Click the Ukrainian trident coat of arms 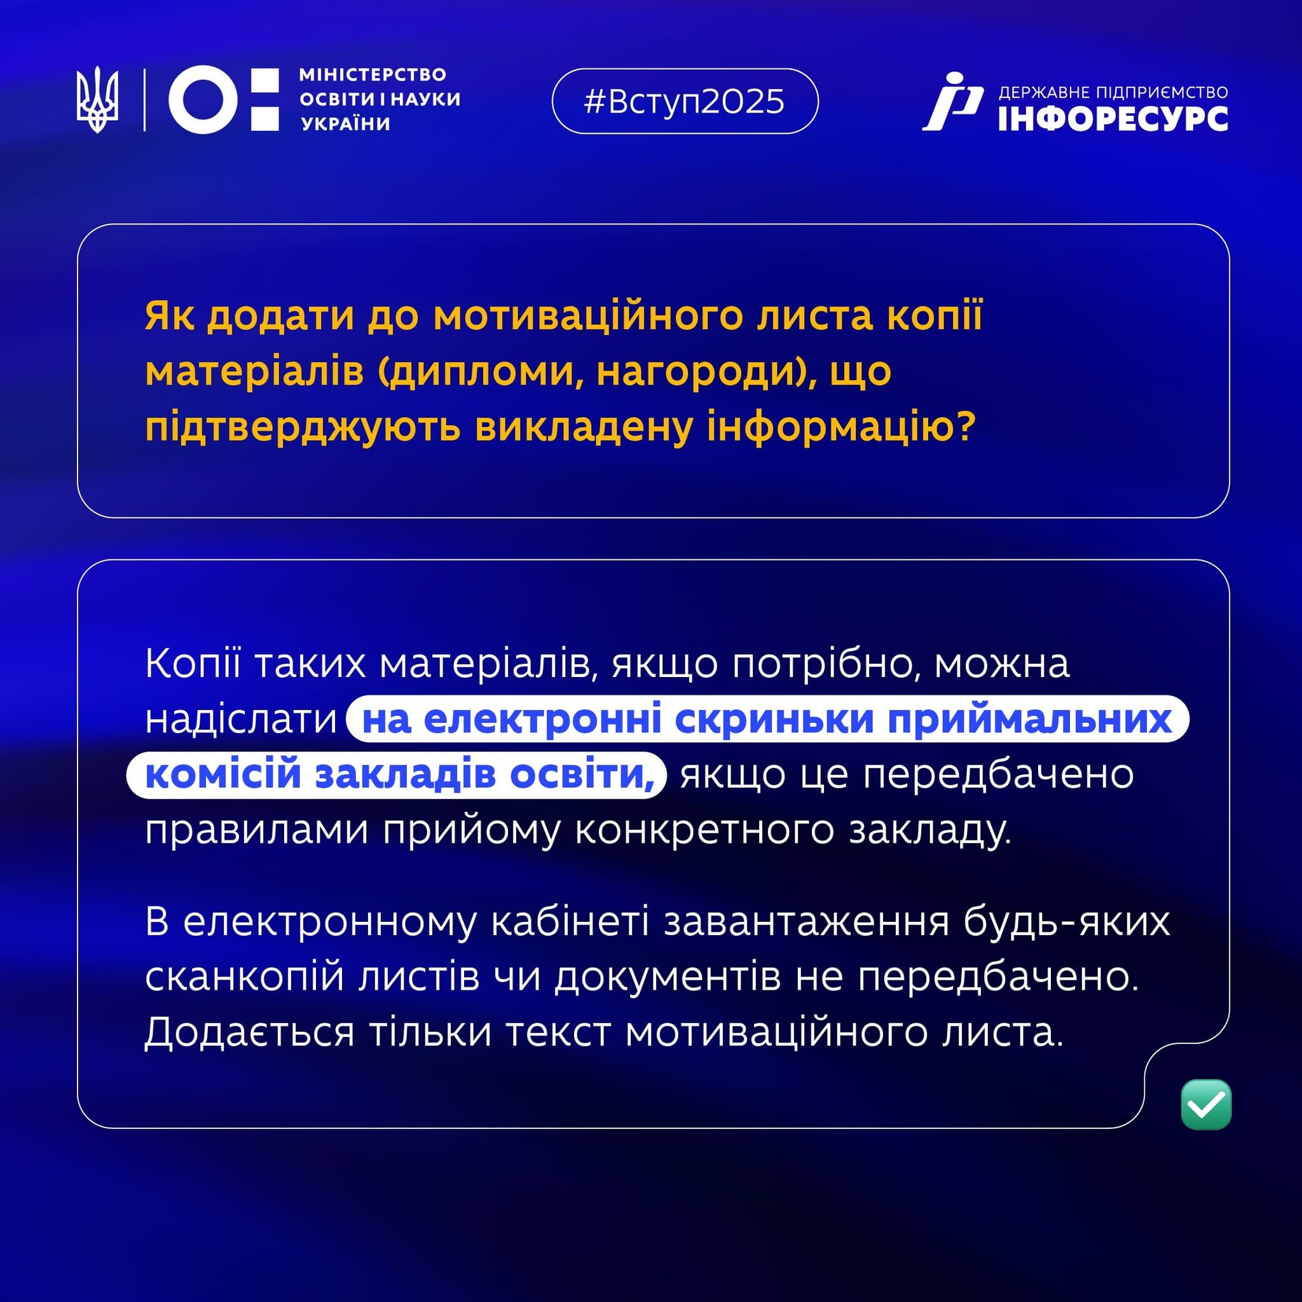click(x=98, y=100)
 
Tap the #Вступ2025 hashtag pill click(x=685, y=101)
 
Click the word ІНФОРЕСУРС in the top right click(x=1113, y=119)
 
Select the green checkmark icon click(x=1206, y=1104)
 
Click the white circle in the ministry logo click(x=203, y=100)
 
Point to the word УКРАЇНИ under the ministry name click(x=346, y=124)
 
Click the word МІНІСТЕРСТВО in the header click(x=373, y=74)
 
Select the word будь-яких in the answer click(x=1067, y=921)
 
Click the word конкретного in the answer click(x=704, y=830)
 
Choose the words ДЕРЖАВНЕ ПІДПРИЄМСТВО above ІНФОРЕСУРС click(x=1113, y=92)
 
